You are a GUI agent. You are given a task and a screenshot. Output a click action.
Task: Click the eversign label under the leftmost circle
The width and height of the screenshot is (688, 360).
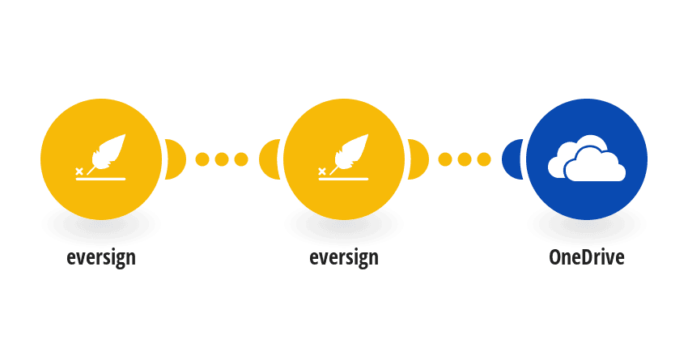tap(101, 258)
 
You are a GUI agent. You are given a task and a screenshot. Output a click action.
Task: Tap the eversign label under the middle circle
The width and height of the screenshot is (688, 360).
tap(344, 258)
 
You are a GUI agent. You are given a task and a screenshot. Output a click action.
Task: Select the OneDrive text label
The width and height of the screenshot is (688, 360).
tap(587, 257)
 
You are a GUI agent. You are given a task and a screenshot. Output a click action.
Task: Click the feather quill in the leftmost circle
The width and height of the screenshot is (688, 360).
tap(108, 153)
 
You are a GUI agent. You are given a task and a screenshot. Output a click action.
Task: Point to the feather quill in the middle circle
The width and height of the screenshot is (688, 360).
tap(350, 153)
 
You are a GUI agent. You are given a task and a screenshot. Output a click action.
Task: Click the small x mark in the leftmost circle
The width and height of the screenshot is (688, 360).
tap(79, 172)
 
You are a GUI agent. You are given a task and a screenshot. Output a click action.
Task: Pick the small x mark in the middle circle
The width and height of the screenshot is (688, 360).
tap(322, 172)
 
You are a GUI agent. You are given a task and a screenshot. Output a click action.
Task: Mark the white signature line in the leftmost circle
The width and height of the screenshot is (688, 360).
tap(101, 179)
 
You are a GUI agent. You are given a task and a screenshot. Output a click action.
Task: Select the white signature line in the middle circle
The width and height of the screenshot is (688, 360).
tap(343, 179)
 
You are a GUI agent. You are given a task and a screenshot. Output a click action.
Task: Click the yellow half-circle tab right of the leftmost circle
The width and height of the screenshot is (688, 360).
tap(176, 159)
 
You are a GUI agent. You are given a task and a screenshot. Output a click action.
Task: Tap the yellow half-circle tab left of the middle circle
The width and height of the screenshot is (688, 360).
tap(270, 159)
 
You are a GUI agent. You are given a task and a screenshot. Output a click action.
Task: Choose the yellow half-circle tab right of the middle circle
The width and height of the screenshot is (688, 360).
tap(418, 159)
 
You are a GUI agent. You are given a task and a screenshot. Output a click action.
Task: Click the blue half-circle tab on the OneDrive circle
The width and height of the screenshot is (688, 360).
tap(512, 159)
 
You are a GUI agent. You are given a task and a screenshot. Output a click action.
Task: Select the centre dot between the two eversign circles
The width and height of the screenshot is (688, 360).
tap(222, 159)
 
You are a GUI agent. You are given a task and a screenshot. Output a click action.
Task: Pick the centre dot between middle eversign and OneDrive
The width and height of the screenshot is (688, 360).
tap(465, 159)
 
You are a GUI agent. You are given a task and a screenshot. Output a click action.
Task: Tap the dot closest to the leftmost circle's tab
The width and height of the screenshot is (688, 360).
tap(202, 159)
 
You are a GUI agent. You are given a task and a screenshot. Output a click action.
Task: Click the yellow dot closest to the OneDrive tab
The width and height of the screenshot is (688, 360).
tap(484, 159)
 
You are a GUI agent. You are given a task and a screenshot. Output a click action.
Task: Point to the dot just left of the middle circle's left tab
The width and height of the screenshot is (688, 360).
tap(241, 159)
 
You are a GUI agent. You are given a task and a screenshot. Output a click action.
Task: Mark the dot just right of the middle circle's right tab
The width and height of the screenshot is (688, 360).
tap(445, 159)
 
